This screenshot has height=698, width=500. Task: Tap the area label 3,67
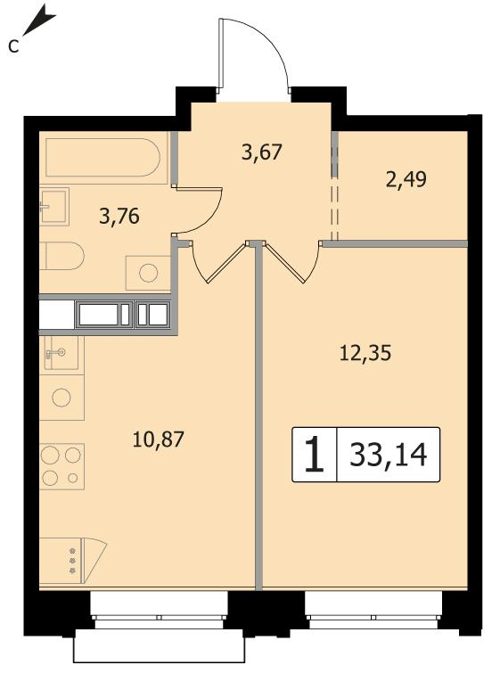[x=262, y=152]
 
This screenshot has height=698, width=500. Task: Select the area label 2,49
[x=406, y=179]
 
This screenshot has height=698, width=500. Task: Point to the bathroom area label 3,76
[x=119, y=217]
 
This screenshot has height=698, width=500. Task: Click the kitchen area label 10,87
[x=158, y=439]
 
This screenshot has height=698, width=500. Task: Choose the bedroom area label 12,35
[x=365, y=353]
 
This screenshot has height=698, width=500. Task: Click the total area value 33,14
[x=389, y=455]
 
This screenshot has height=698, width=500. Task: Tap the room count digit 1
[x=315, y=455]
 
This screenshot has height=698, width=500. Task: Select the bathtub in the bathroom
[x=102, y=158]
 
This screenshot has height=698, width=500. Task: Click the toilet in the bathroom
[x=61, y=256]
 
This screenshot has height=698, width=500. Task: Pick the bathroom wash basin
[x=54, y=207]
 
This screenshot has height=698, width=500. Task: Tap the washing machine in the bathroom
[x=148, y=273]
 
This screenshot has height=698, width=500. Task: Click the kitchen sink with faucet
[x=61, y=353]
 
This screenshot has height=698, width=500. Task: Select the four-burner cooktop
[x=61, y=466]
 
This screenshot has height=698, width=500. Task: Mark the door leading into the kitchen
[x=218, y=263]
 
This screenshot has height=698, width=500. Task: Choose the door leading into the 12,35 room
[x=291, y=263]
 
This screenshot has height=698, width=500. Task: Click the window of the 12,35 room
[x=373, y=610]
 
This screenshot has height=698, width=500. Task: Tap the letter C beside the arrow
[x=13, y=45]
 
